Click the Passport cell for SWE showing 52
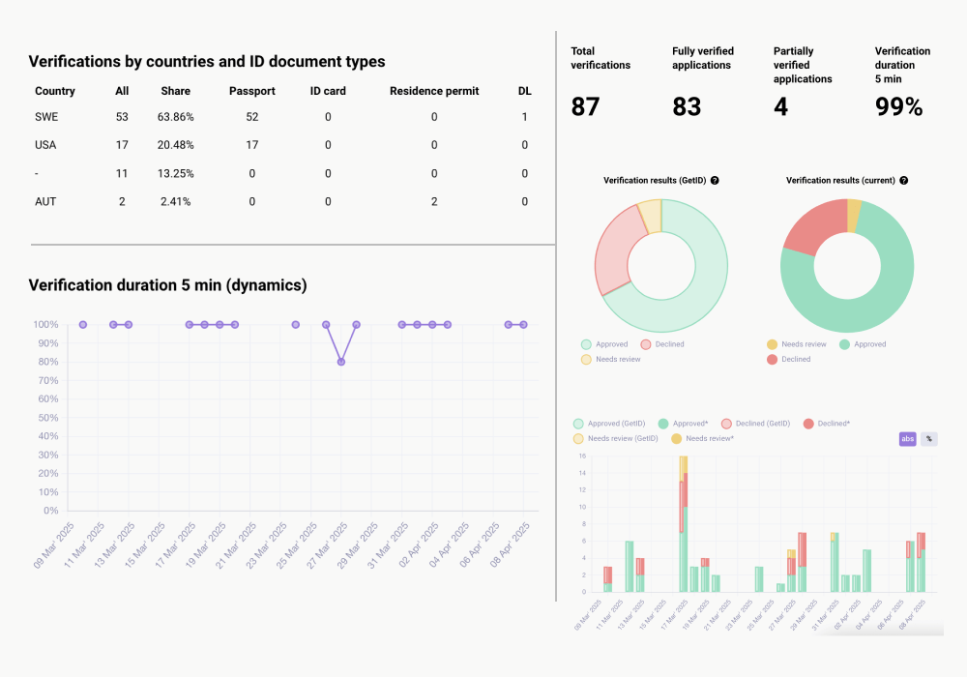pos(251,117)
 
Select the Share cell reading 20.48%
pos(177,145)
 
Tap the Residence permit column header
pos(433,91)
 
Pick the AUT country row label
pos(46,201)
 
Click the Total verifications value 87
pos(585,106)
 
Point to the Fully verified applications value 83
pos(687,106)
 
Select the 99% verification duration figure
pos(898,106)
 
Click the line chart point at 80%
pos(341,362)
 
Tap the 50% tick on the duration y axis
pos(47,418)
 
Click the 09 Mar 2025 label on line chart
pos(54,545)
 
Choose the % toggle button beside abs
pos(929,439)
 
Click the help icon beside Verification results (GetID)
pos(715,181)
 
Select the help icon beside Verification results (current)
pos(903,181)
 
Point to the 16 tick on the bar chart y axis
pos(583,456)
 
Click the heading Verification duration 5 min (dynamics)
pos(167,285)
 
